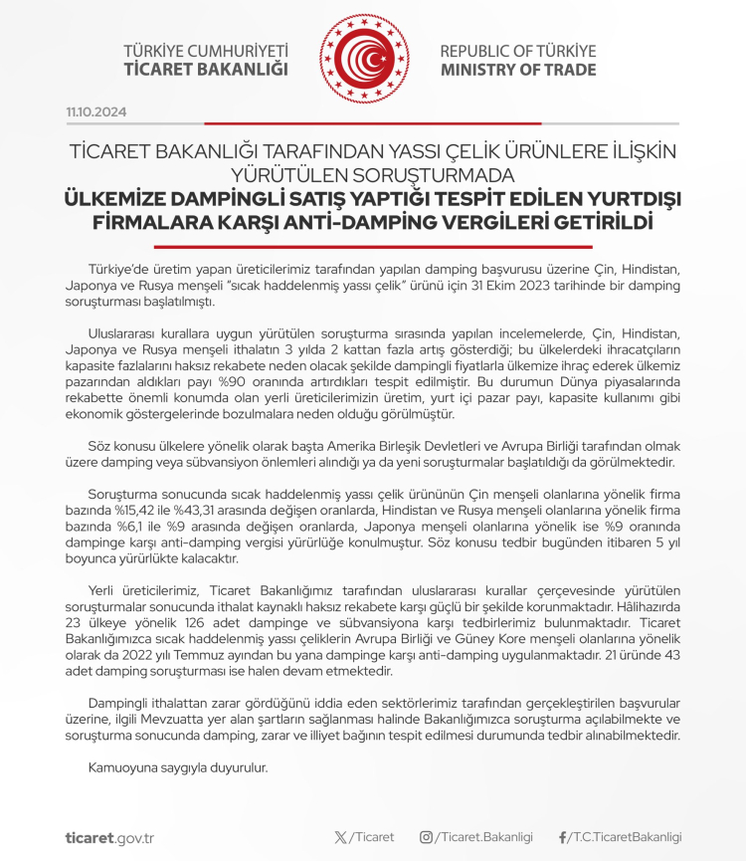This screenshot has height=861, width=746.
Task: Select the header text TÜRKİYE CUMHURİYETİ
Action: (x=205, y=51)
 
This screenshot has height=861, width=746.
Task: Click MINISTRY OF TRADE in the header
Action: (x=518, y=70)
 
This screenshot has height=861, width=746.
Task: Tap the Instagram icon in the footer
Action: (x=426, y=837)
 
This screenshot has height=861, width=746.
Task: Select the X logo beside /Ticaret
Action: (x=342, y=837)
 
